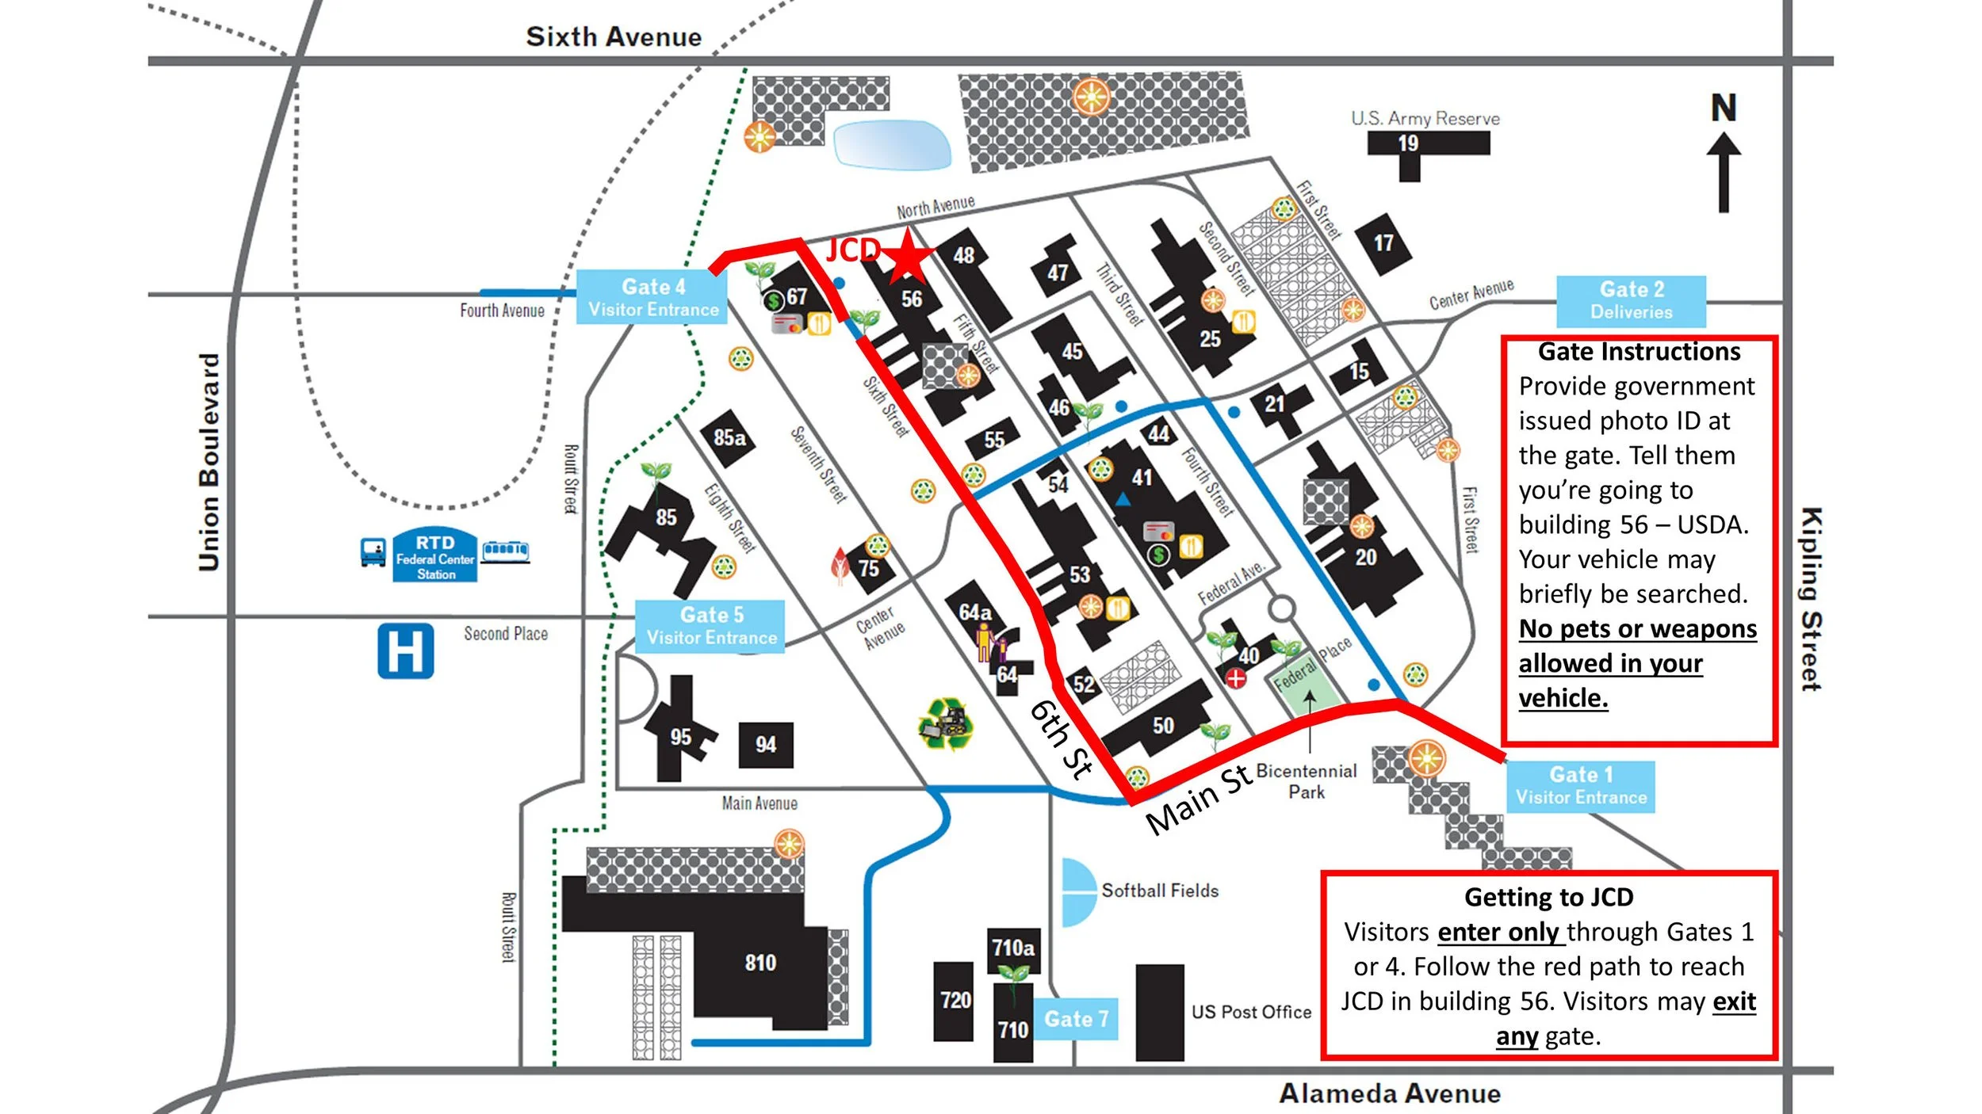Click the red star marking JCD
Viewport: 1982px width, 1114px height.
(908, 256)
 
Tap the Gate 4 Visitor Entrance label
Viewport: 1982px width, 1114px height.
(652, 298)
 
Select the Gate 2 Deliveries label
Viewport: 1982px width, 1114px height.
(1631, 301)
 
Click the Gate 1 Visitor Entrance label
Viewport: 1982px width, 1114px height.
(1580, 786)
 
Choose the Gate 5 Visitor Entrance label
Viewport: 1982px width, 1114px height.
(710, 626)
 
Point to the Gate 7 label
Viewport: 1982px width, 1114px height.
(1076, 1019)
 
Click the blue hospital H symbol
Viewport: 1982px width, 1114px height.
(405, 651)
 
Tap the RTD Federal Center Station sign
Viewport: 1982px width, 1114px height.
(435, 556)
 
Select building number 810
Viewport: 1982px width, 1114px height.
(760, 963)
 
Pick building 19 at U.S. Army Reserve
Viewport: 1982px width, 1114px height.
(1408, 144)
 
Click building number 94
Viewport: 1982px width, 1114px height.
(765, 745)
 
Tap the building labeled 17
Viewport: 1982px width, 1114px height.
(1383, 243)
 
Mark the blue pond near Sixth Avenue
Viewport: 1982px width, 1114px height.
(892, 144)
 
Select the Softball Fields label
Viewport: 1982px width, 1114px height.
(1159, 891)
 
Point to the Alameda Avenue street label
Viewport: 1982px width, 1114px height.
(1390, 1093)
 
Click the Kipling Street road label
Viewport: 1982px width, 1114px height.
(1811, 599)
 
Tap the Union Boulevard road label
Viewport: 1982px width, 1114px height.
(209, 462)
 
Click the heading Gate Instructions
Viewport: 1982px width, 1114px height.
(1639, 352)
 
